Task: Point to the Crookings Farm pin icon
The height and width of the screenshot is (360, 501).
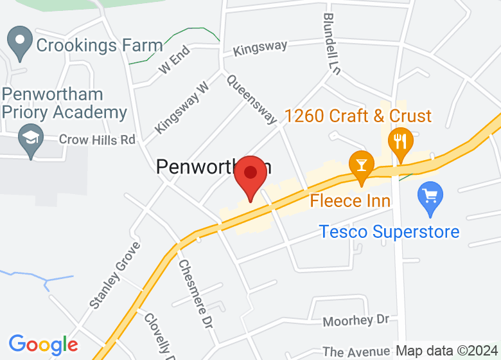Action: point(21,43)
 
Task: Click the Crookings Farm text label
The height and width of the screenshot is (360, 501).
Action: point(100,46)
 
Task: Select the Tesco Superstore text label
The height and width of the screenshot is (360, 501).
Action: point(390,231)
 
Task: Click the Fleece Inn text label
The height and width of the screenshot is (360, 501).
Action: point(350,201)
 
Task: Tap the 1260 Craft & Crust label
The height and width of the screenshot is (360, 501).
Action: point(358,116)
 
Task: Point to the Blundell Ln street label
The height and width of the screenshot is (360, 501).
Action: point(331,44)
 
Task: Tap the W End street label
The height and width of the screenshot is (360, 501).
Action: point(175,59)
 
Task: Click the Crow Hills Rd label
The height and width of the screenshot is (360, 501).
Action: point(97,139)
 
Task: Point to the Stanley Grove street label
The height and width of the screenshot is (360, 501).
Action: point(115,276)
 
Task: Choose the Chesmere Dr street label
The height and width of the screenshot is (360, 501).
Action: point(195,294)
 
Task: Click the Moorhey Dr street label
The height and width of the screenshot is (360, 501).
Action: point(356,319)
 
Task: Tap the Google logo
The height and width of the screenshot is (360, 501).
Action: point(43,345)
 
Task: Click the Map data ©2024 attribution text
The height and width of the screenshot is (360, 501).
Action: point(447,351)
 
